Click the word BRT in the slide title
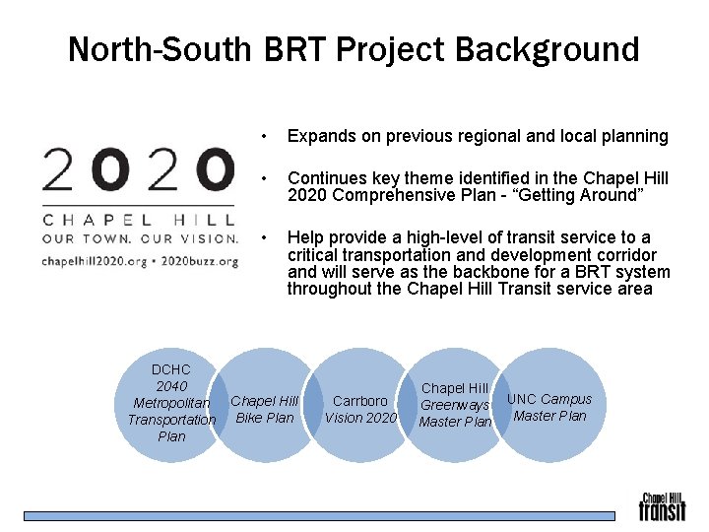coord(299,48)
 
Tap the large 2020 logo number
coord(138,169)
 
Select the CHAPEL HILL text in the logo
coord(138,218)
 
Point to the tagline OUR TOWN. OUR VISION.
coord(139,239)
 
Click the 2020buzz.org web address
coord(200,261)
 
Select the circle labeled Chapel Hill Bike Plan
coord(264,409)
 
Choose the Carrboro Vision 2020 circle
coord(360,409)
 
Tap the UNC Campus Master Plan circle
coord(549,407)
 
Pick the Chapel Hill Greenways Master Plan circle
coord(455,405)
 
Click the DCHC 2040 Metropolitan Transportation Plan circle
coord(172,403)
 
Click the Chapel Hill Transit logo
coord(662,506)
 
